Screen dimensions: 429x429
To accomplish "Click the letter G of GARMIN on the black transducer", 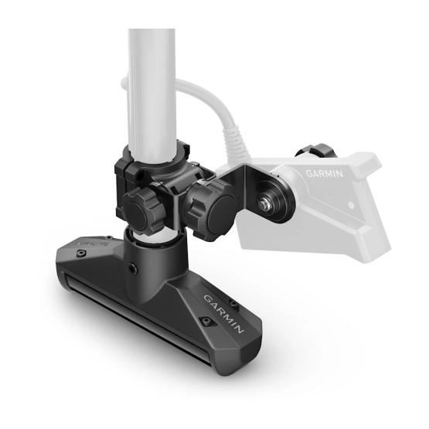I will [x=206, y=298].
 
